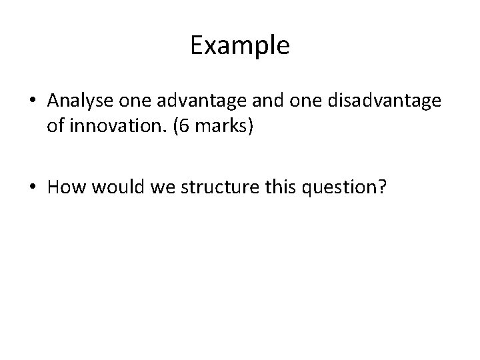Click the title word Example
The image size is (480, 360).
point(239,46)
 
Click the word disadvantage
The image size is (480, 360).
point(364,101)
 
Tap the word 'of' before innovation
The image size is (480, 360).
point(55,127)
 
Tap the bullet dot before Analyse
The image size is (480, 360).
point(33,101)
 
